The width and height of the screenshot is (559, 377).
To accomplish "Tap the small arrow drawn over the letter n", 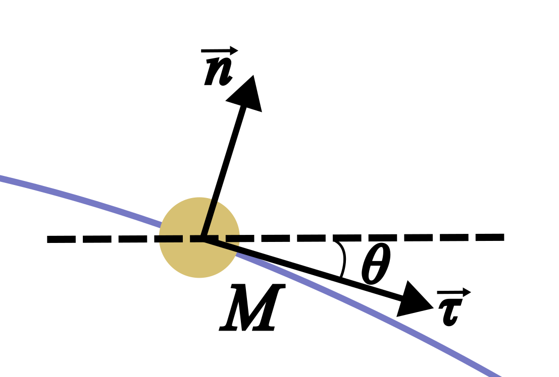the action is click(220, 51).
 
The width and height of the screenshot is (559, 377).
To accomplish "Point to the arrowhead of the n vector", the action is click(247, 95).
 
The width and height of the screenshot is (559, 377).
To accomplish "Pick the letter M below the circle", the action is click(251, 308).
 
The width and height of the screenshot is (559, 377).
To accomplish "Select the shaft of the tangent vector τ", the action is click(303, 267).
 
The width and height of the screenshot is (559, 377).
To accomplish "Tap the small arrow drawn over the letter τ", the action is click(453, 292).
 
